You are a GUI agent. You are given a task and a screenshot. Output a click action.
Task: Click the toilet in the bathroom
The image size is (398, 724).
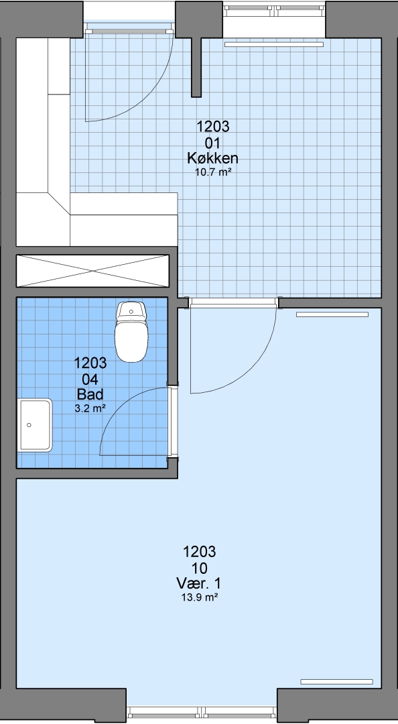[x=131, y=331]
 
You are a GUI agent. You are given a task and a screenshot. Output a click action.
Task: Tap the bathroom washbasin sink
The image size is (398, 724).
[x=35, y=425]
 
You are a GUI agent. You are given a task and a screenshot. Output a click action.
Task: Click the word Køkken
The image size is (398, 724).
[x=212, y=158]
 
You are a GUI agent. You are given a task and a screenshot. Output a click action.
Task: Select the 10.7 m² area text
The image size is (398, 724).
[x=213, y=173]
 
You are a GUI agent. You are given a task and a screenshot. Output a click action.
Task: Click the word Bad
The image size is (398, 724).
[x=90, y=394]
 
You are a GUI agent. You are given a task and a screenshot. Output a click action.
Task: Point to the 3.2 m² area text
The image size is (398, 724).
[x=90, y=408]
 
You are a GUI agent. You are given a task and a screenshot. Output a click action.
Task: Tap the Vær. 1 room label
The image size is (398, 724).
[x=198, y=583]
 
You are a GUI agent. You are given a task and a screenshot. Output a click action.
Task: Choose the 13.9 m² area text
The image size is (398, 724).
[x=200, y=597]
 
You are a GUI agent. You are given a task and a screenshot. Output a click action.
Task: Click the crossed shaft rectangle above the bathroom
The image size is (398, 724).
[x=93, y=271]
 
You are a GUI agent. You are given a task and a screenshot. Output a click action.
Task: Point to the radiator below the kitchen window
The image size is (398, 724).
[x=274, y=44]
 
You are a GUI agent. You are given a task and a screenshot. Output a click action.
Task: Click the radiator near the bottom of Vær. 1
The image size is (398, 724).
[x=336, y=682]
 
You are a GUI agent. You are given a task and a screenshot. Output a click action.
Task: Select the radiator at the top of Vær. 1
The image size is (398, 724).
[x=332, y=314]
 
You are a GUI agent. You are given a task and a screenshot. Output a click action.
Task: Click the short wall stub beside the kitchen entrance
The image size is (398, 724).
[x=196, y=67]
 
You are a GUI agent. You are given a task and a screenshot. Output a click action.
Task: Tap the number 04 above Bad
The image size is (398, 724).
[x=90, y=379]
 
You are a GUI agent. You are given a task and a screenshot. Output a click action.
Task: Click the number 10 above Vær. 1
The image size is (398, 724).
[x=199, y=568]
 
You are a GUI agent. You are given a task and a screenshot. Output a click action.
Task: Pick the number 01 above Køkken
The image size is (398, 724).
[x=213, y=141]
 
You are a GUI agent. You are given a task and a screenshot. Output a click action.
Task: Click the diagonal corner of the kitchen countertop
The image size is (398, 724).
[x=59, y=204]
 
